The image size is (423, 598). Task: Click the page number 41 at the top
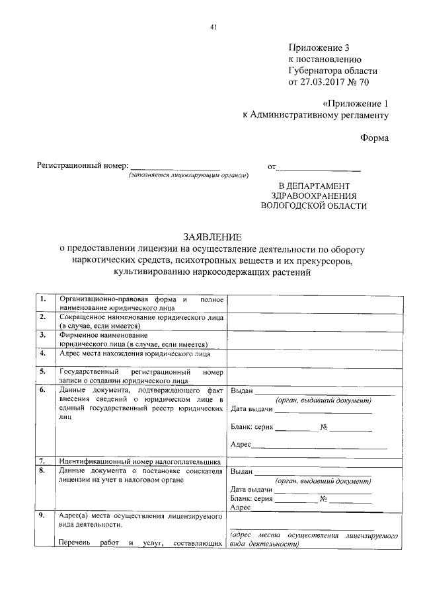(212, 27)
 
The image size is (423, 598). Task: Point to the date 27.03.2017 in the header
(323, 83)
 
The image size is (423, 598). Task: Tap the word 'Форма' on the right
(374, 138)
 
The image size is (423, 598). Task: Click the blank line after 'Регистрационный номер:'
(175, 167)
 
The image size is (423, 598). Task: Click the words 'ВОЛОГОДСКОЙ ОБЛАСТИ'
(313, 206)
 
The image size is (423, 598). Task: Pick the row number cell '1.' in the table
(43, 299)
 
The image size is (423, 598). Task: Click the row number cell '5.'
(43, 372)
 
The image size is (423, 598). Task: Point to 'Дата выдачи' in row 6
(250, 410)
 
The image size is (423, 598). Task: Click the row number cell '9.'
(43, 515)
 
